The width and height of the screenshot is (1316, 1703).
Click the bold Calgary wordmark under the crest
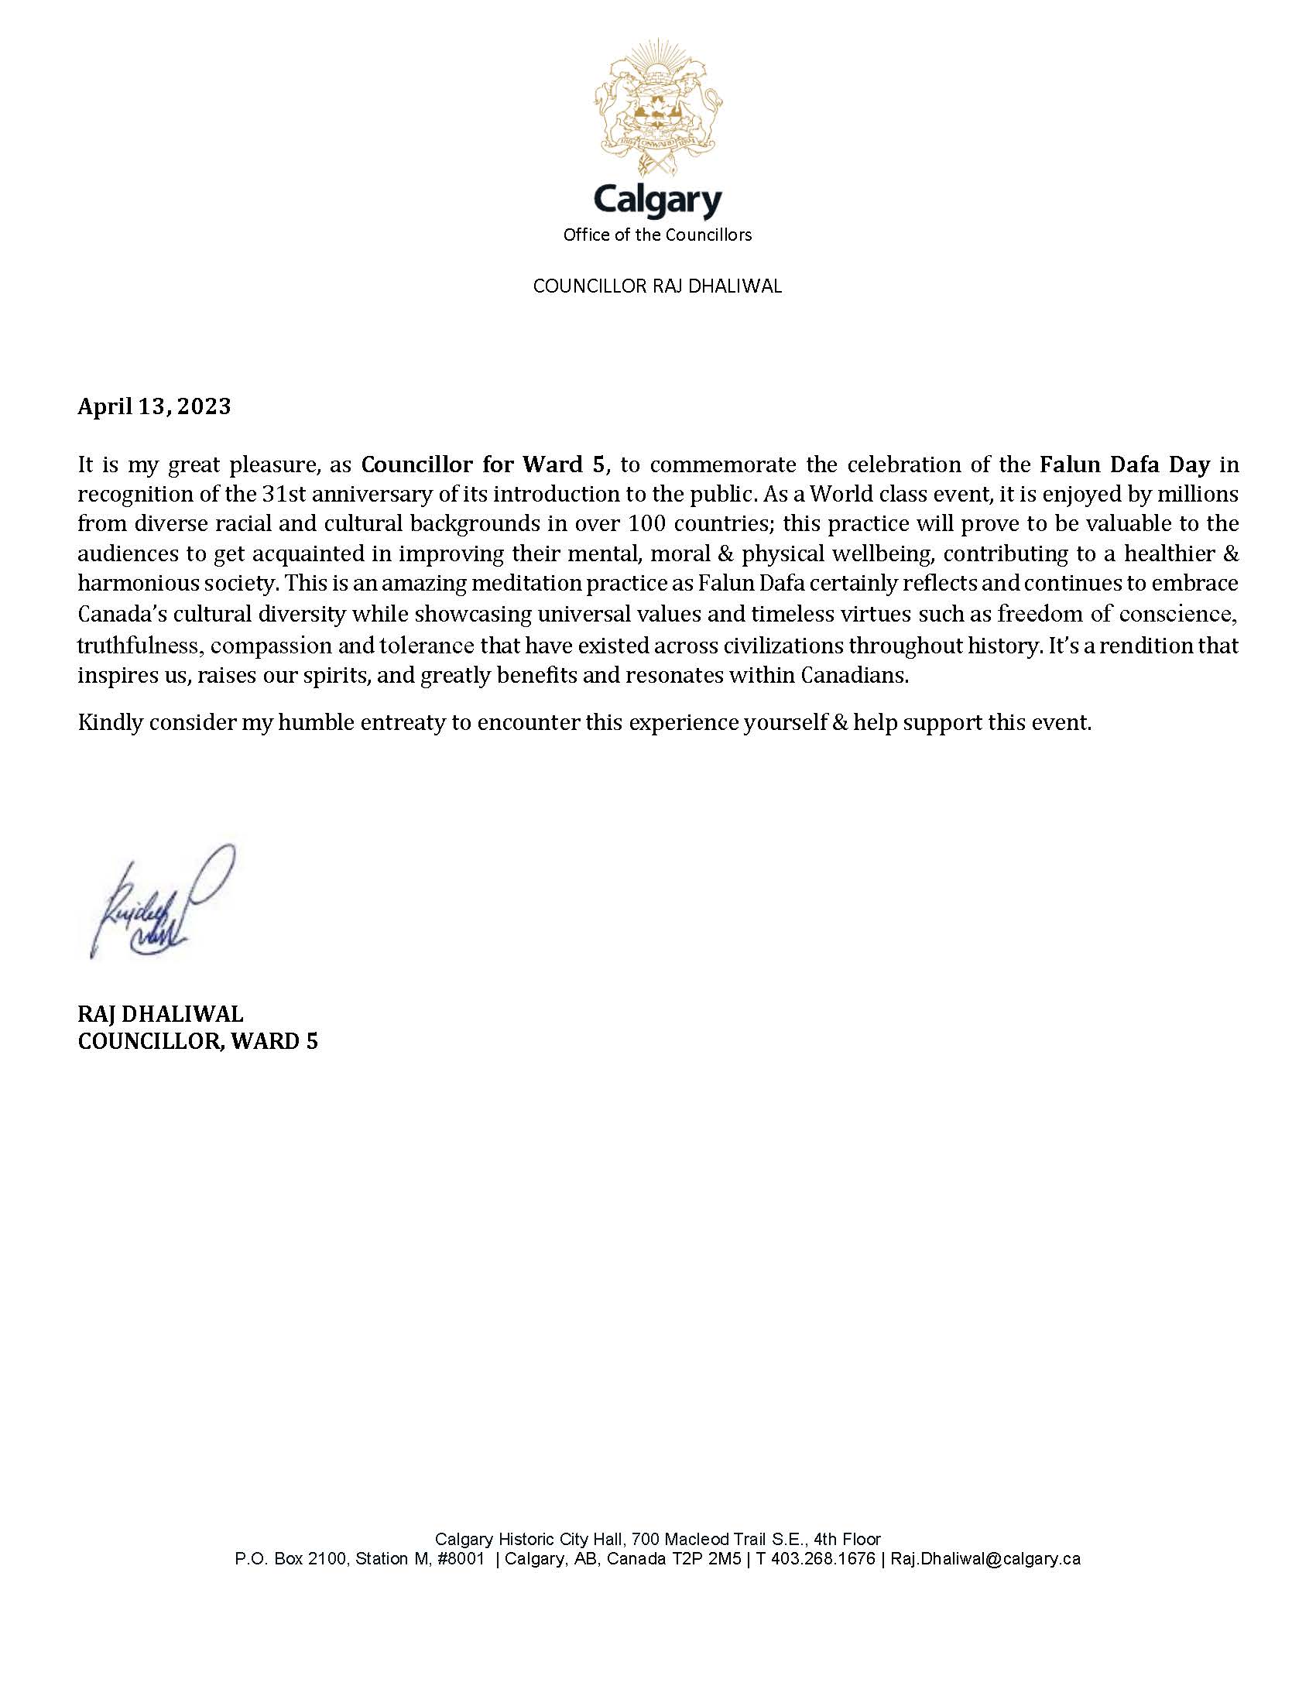[658, 202]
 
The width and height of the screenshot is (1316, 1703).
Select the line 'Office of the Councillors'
[658, 235]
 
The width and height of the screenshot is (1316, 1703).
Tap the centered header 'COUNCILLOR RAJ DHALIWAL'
[657, 286]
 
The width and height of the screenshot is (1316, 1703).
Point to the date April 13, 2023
[154, 406]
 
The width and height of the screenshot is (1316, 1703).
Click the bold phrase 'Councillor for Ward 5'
[483, 464]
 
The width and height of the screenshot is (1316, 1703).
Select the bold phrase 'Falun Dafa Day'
[1125, 464]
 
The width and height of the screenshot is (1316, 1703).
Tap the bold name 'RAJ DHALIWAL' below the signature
[160, 1014]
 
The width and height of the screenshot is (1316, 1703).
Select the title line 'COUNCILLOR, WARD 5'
[198, 1041]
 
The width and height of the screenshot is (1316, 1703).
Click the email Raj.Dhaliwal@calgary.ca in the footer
[985, 1559]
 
